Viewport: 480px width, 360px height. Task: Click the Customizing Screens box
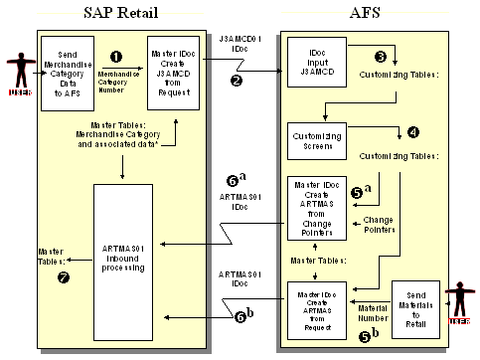tap(314, 138)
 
